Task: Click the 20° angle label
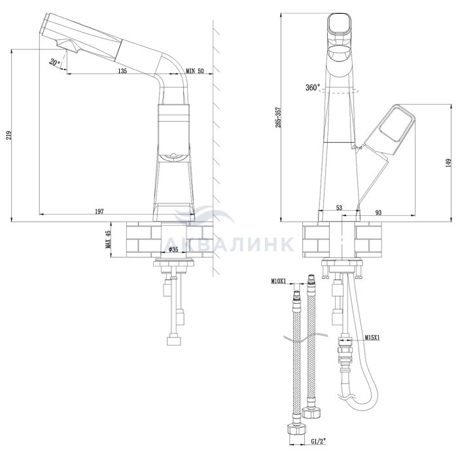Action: click(x=54, y=62)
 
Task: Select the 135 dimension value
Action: click(x=122, y=71)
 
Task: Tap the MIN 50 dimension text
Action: click(x=195, y=71)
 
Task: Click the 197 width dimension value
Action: click(x=99, y=211)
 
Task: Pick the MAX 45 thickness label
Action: click(x=109, y=239)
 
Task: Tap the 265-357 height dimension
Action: click(x=278, y=117)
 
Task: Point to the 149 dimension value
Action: click(x=449, y=163)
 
